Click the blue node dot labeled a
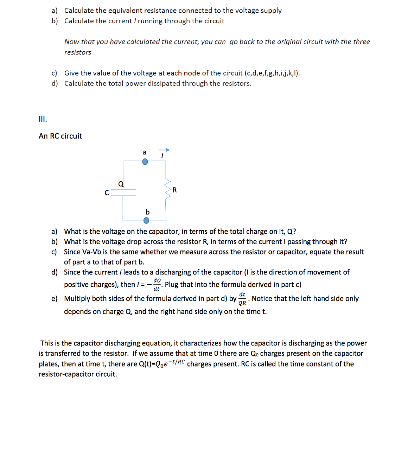(145, 162)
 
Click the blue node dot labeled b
(146, 220)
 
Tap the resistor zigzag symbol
(168, 190)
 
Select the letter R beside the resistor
(175, 190)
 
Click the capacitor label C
(107, 193)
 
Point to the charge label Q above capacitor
(121, 184)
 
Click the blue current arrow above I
(164, 150)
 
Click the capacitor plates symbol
(123, 192)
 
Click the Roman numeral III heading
(43, 119)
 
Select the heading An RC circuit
(60, 136)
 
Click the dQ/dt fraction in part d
(157, 284)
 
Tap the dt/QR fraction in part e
(242, 299)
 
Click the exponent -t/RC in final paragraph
(177, 362)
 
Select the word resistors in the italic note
(78, 52)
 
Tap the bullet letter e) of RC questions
(54, 299)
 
